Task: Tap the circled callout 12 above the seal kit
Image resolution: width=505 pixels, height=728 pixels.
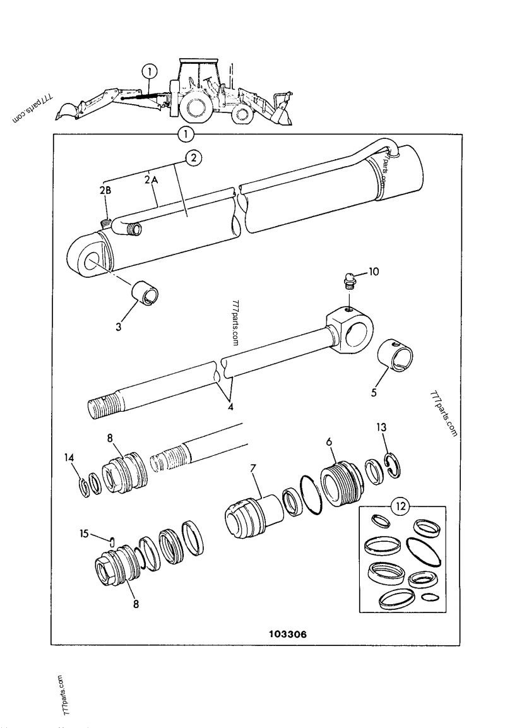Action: tap(401, 506)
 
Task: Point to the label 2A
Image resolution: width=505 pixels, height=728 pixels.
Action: tap(149, 180)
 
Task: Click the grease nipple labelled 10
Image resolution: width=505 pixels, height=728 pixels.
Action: tap(349, 282)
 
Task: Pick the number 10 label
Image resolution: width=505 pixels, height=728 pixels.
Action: tap(374, 271)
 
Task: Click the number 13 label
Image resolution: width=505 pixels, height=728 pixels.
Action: tap(381, 427)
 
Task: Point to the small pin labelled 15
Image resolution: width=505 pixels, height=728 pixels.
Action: tap(112, 540)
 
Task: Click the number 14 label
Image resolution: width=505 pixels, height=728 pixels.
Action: tap(69, 458)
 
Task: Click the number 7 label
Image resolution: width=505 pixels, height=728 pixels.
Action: tap(253, 468)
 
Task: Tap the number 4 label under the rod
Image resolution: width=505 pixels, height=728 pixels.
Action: tap(230, 408)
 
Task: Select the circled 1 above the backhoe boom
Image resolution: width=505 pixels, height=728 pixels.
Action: tap(150, 71)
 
